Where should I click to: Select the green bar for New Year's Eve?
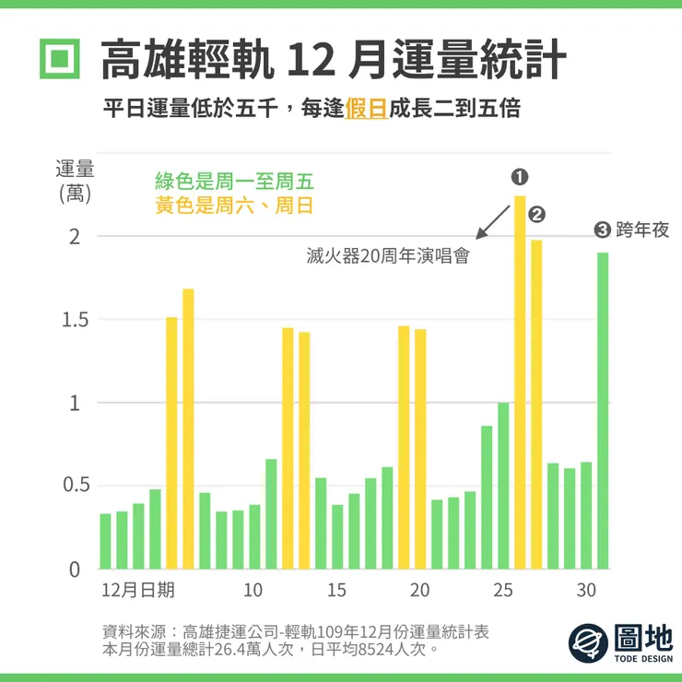coord(603,410)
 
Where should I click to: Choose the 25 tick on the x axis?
coord(503,591)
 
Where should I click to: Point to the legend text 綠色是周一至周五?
coord(234,181)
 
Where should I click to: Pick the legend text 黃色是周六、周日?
coord(234,206)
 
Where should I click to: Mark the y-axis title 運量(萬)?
coord(75,181)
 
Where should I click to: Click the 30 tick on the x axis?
coord(586,591)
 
